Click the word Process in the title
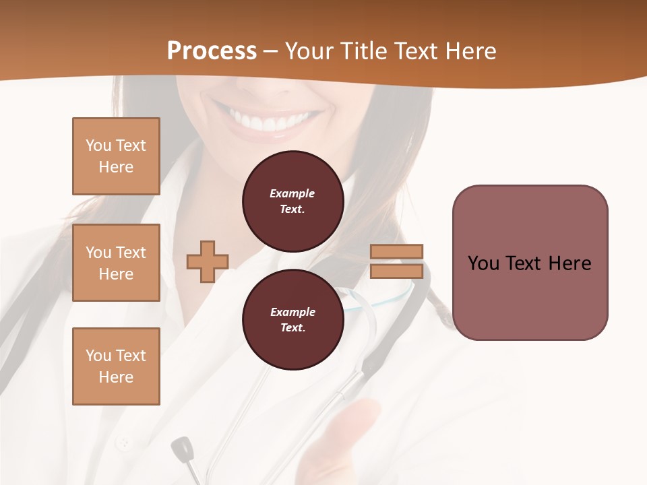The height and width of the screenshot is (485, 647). coord(212,51)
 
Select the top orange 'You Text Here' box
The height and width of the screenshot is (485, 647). coord(116,156)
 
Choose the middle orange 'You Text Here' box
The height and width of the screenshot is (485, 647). coord(116,263)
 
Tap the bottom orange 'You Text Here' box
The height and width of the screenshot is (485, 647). coord(116,366)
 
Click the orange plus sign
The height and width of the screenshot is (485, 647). coord(208,261)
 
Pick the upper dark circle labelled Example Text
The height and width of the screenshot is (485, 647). coord(292,201)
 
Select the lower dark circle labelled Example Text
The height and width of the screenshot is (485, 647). coord(292,320)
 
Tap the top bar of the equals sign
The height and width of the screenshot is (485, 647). coord(397,252)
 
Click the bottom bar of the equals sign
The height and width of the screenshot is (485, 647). coord(397,271)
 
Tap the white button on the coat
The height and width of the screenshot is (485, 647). coord(123,443)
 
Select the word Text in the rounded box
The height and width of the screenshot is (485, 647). coord(524,263)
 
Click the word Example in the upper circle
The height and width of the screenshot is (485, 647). coord(292,193)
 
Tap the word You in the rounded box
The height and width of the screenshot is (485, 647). coord(483,263)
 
